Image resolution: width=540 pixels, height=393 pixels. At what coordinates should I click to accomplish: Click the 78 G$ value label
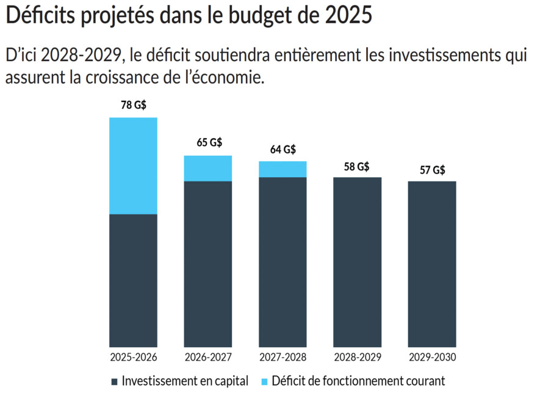click(x=134, y=105)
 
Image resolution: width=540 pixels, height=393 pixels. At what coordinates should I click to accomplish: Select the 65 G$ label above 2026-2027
click(x=209, y=143)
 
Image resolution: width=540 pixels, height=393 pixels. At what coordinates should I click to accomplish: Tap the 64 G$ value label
click(x=283, y=149)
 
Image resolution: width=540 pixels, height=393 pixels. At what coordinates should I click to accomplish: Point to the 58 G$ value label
click(x=357, y=166)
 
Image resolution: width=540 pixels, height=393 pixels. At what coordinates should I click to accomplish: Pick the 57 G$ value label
click(x=432, y=170)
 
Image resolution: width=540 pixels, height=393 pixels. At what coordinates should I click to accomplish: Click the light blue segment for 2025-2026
click(x=133, y=166)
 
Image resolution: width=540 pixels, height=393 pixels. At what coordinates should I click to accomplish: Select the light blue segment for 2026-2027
click(x=208, y=169)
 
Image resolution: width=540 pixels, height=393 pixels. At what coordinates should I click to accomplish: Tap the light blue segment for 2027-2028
click(x=283, y=169)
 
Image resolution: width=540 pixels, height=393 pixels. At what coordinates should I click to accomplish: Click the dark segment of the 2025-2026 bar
click(x=133, y=281)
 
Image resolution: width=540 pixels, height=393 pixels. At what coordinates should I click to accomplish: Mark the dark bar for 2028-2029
click(x=357, y=262)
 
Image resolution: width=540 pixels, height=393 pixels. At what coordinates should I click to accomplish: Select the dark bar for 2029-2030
click(x=432, y=264)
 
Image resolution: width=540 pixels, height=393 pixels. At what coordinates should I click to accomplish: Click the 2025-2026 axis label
click(x=133, y=358)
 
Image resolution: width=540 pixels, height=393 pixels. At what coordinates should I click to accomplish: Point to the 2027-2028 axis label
click(x=283, y=358)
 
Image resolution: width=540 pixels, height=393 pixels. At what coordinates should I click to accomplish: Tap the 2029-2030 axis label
click(x=432, y=358)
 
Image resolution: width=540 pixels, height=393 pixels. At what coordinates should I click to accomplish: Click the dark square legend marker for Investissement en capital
click(x=115, y=381)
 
